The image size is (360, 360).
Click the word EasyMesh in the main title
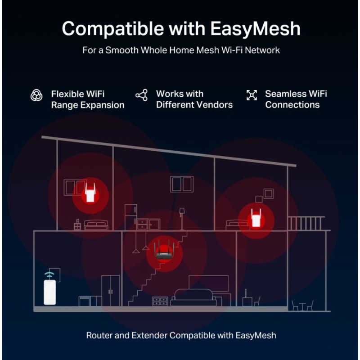[255, 29]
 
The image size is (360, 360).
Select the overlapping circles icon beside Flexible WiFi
[36, 95]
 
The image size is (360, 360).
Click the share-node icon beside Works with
[142, 95]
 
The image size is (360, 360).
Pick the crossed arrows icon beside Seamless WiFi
[252, 95]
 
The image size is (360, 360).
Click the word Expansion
[103, 105]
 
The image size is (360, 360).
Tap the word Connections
[292, 105]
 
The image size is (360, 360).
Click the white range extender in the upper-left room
[90, 193]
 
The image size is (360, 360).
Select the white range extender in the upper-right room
[256, 218]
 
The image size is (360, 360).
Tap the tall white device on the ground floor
[50, 292]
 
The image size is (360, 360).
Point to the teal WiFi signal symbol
[49, 274]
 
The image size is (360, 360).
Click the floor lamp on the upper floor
[182, 219]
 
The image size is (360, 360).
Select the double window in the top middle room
[182, 184]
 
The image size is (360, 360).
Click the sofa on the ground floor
[193, 297]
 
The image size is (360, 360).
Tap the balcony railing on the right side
[306, 223]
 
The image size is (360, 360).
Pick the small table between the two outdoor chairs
[302, 307]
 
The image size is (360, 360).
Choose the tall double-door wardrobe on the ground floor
[111, 291]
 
